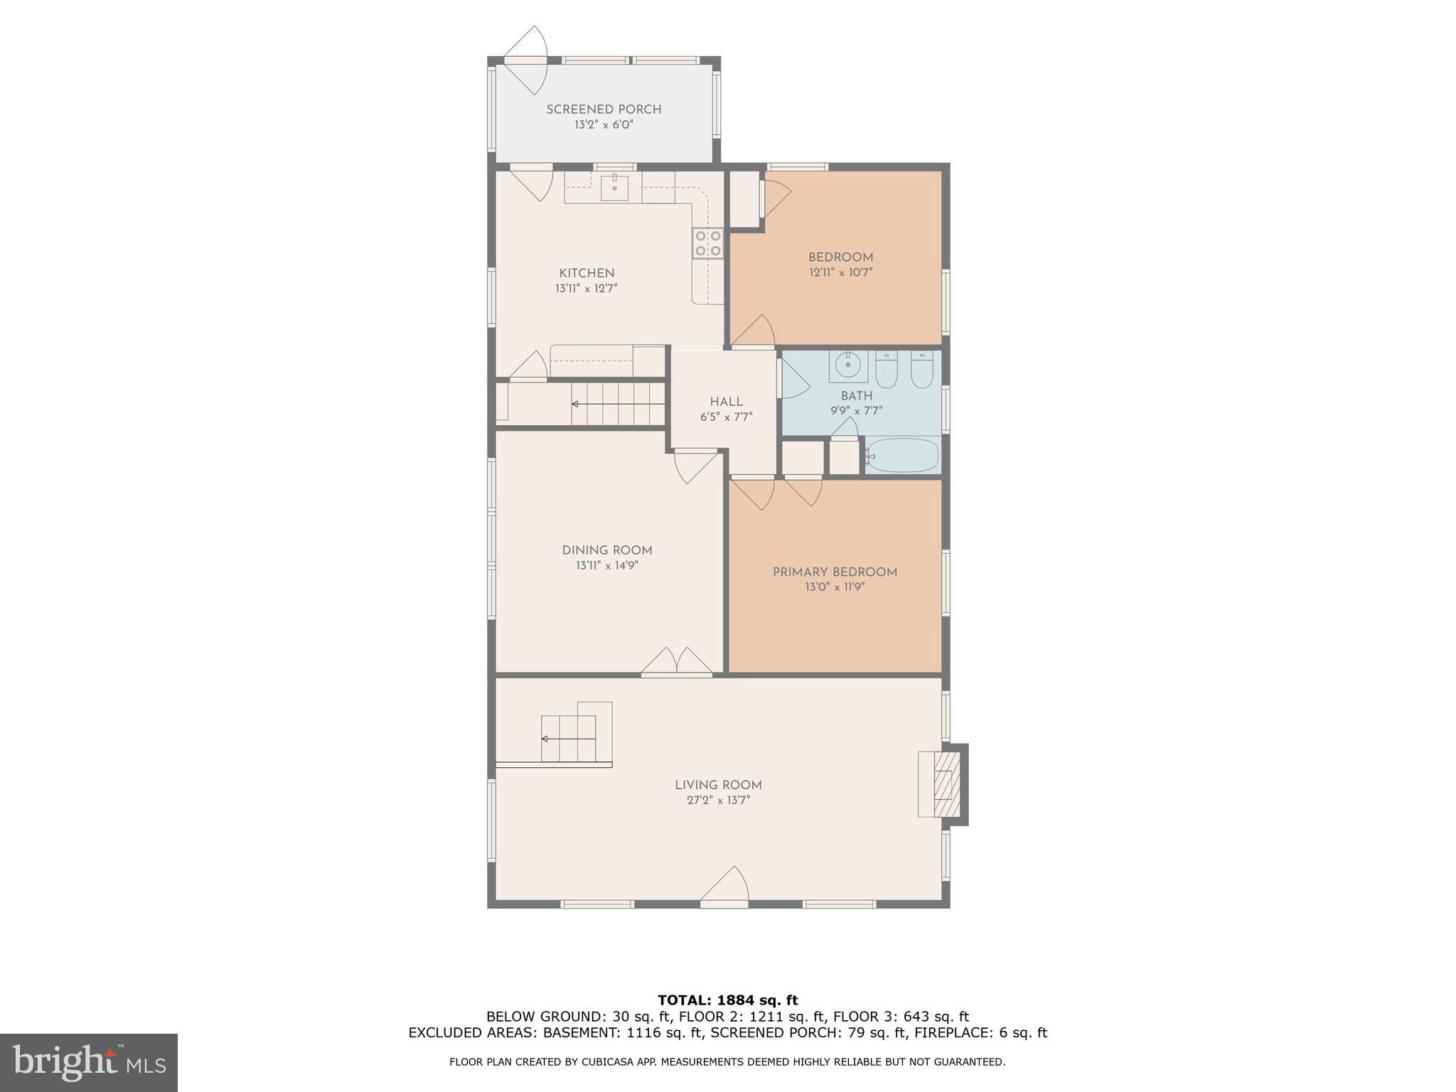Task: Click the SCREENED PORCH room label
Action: (604, 109)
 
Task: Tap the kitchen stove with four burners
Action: (708, 242)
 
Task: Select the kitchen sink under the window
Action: (614, 188)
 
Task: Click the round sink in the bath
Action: (847, 365)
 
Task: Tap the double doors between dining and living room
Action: (676, 662)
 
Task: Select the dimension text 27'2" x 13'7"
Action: (718, 801)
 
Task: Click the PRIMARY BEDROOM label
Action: (835, 572)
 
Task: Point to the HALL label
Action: (726, 402)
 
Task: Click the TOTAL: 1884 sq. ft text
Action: (727, 1001)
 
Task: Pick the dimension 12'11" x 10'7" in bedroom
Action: (840, 272)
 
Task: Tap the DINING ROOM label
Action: (606, 550)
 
